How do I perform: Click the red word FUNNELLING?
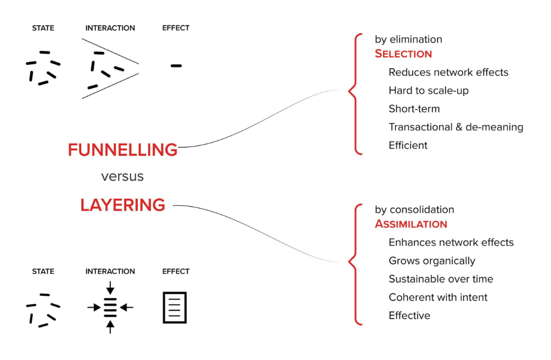point(122,150)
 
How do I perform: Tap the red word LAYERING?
point(122,205)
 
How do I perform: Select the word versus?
point(122,176)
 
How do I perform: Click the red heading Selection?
point(403,54)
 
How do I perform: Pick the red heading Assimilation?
point(411,224)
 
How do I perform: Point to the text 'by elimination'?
point(408,40)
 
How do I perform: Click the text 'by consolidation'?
point(414,210)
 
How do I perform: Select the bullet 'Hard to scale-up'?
point(429,91)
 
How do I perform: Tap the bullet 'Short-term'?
point(414,109)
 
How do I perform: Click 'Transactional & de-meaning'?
point(456,127)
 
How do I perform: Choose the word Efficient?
point(408,145)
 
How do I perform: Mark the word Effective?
point(409,316)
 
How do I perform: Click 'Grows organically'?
point(432,261)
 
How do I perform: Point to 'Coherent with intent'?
point(438,297)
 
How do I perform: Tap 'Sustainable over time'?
point(441,279)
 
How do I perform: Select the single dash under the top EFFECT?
point(176,66)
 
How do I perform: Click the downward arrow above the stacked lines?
point(110,288)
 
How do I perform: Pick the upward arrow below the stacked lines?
point(110,327)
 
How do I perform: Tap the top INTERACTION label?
point(110,28)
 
